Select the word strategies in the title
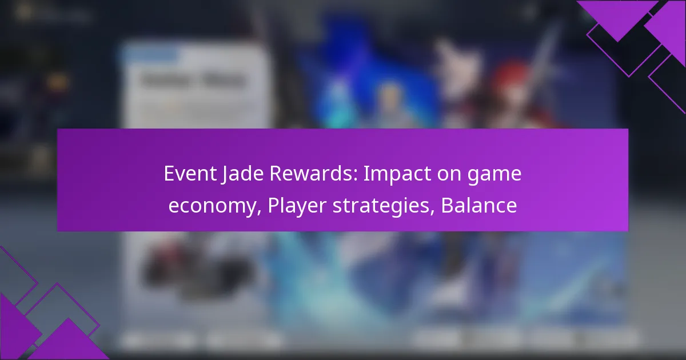(383, 206)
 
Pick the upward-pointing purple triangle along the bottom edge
(69, 346)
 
